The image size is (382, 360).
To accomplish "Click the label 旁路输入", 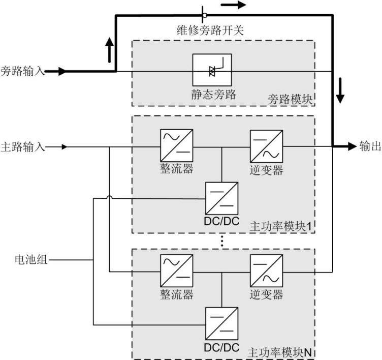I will (22, 72).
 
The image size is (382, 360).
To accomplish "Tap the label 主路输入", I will (22, 147).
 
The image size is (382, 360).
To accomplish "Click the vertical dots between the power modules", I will (222, 241).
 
